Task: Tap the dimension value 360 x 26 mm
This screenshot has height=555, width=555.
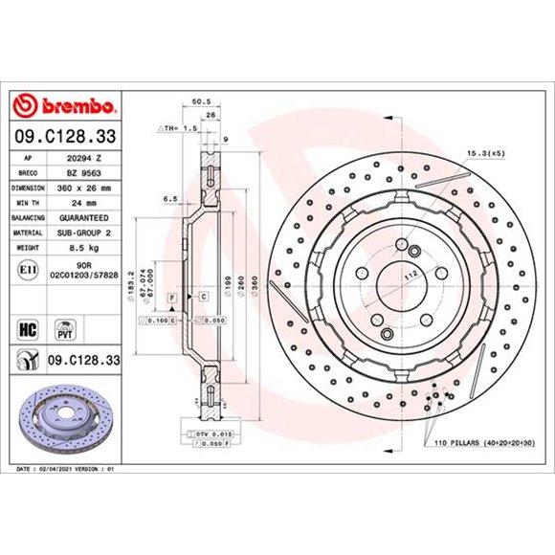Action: click(80, 188)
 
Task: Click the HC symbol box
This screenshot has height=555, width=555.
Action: click(27, 330)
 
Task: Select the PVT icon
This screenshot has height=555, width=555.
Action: click(65, 330)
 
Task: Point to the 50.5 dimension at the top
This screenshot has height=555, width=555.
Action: click(201, 99)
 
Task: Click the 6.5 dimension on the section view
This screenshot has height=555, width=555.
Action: click(169, 199)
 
